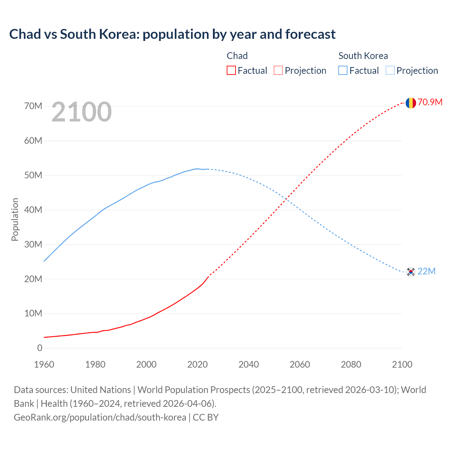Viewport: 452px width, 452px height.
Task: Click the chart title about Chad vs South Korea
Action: [172, 34]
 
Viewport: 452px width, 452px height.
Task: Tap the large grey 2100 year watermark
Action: [82, 112]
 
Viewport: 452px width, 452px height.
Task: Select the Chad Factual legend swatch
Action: [231, 70]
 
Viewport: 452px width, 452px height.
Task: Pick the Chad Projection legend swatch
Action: [278, 70]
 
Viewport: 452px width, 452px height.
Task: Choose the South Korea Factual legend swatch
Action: [343, 70]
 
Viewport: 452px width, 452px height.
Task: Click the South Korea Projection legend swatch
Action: [390, 70]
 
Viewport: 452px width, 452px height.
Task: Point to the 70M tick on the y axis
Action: [33, 106]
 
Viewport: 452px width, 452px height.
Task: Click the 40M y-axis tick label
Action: [33, 210]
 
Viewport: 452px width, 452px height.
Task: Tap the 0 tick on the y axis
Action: [40, 348]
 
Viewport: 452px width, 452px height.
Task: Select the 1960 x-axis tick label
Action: [44, 364]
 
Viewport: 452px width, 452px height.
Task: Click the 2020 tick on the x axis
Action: [197, 364]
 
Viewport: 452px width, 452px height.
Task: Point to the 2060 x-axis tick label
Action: [300, 364]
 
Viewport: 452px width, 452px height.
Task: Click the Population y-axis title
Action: [15, 219]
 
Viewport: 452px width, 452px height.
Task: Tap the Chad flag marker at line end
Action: [410, 103]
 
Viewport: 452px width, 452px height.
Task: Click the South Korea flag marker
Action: [410, 272]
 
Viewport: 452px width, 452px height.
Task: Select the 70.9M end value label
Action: [430, 102]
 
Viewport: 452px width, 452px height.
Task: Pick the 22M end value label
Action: [427, 271]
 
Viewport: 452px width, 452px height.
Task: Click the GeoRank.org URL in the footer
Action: [100, 417]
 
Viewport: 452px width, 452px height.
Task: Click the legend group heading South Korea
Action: [363, 56]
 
